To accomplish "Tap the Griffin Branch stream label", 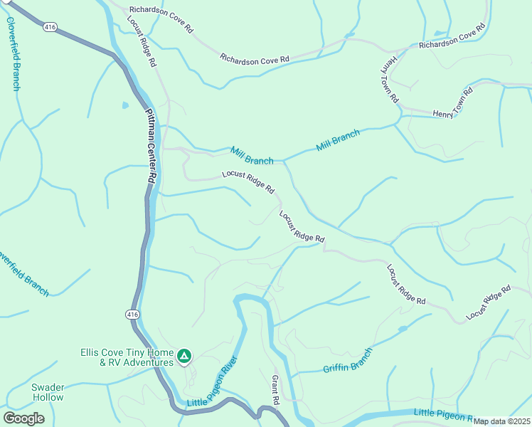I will (348, 362).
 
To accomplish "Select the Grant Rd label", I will (276, 387).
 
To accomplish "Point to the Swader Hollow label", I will (48, 392).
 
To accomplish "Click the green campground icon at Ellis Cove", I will (184, 355).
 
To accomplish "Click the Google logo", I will (23, 418).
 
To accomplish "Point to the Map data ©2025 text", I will (502, 421).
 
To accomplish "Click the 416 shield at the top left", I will (49, 27).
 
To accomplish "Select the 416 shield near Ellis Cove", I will (132, 314).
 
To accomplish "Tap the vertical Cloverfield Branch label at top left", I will (14, 53).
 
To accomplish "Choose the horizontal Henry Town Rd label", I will (452, 104).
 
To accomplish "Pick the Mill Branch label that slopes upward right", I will (338, 140).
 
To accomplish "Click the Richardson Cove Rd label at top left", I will (160, 20).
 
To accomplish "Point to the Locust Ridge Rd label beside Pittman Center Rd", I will (142, 41).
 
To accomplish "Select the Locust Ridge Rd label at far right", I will (489, 302).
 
